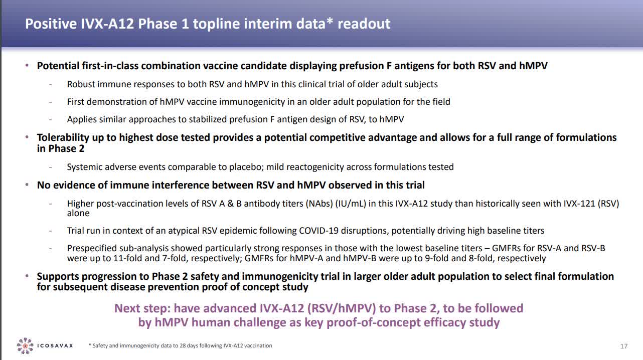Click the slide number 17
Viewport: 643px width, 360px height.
pyautogui.click(x=624, y=346)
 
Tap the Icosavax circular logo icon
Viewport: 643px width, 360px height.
pyautogui.click(x=25, y=345)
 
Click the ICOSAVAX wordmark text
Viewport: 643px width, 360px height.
pyautogui.click(x=55, y=345)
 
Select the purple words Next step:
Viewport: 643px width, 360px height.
pyautogui.click(x=142, y=308)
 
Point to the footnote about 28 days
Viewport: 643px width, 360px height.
pyautogui.click(x=180, y=345)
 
